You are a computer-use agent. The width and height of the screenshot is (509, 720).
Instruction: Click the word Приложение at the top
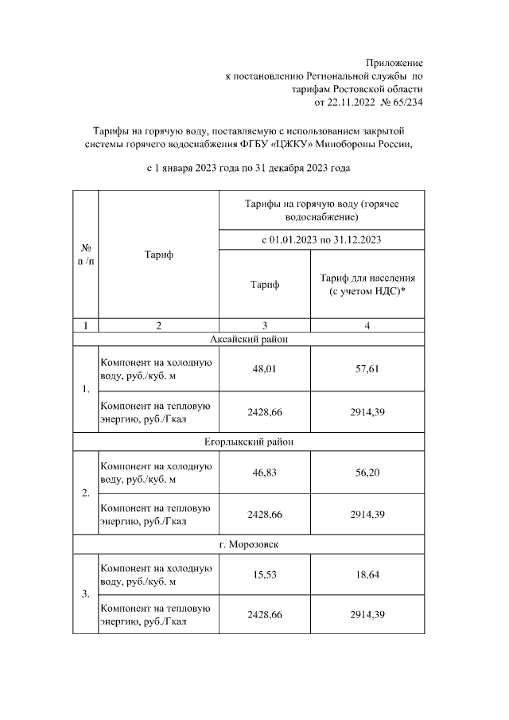(394, 63)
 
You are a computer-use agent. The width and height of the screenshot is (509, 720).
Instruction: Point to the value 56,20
(367, 472)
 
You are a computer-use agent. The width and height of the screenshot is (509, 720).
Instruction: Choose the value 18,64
(367, 574)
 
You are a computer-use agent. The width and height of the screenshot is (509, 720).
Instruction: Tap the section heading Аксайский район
(248, 339)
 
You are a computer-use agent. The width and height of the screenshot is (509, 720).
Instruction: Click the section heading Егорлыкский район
(248, 442)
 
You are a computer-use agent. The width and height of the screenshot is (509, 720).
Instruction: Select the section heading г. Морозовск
(248, 544)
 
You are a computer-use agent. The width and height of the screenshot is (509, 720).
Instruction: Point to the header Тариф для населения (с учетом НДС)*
(367, 285)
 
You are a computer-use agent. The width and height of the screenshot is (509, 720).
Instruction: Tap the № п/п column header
(85, 255)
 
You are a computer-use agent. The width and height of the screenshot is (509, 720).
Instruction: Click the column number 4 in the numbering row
(367, 325)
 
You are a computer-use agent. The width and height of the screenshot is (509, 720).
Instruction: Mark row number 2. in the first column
(85, 493)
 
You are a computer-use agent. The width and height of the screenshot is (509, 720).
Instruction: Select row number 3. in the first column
(85, 595)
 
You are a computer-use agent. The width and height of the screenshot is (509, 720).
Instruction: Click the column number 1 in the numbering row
(85, 325)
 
